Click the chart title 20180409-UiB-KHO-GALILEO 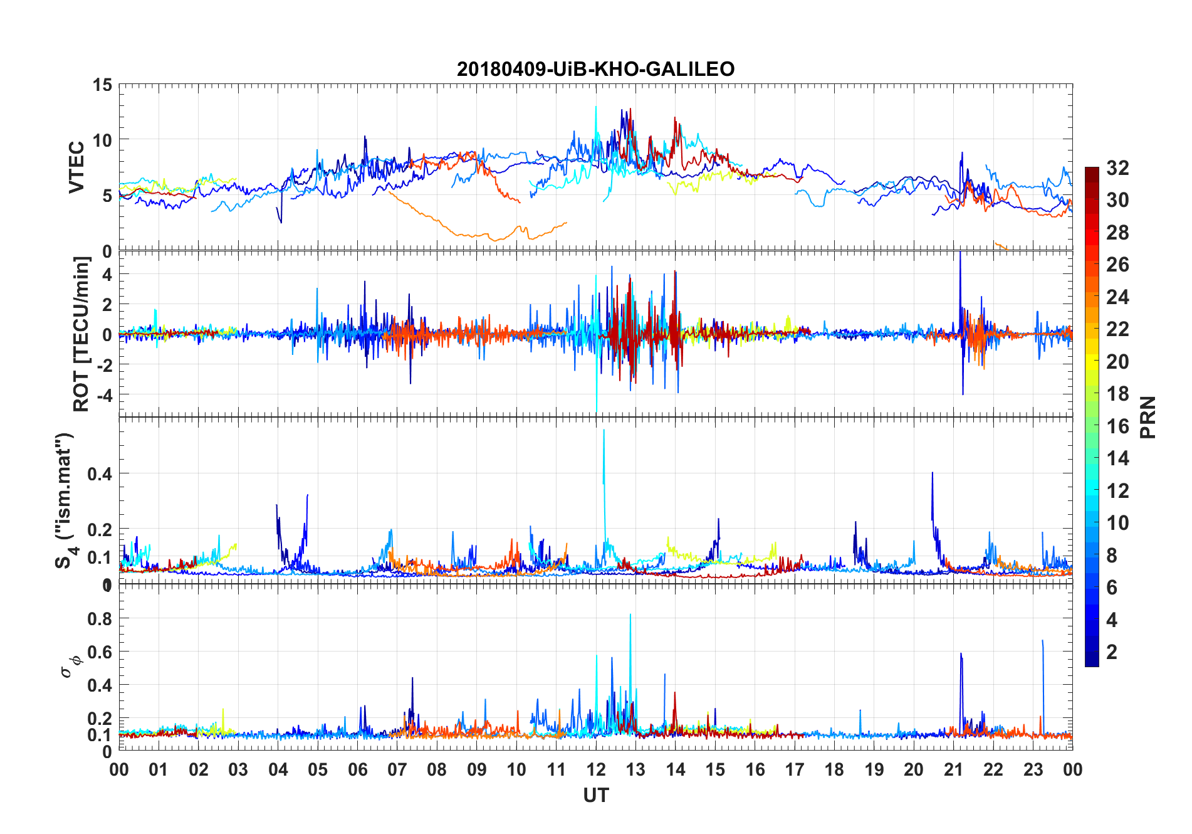[x=595, y=69]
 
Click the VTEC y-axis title [x=76, y=167]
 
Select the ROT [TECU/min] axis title [x=81, y=334]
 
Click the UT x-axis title [x=595, y=796]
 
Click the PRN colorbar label [x=1148, y=417]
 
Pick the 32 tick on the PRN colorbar [x=1117, y=168]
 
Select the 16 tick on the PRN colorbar [x=1117, y=426]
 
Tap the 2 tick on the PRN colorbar [x=1112, y=652]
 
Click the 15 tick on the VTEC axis [x=102, y=85]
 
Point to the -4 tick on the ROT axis [x=102, y=395]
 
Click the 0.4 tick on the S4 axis [x=100, y=474]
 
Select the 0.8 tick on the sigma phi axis [x=100, y=619]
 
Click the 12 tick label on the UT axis [x=596, y=770]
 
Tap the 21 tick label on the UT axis [x=953, y=770]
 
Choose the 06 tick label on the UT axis [x=357, y=770]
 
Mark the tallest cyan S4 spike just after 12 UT [x=604, y=431]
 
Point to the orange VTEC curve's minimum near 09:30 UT [x=494, y=240]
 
